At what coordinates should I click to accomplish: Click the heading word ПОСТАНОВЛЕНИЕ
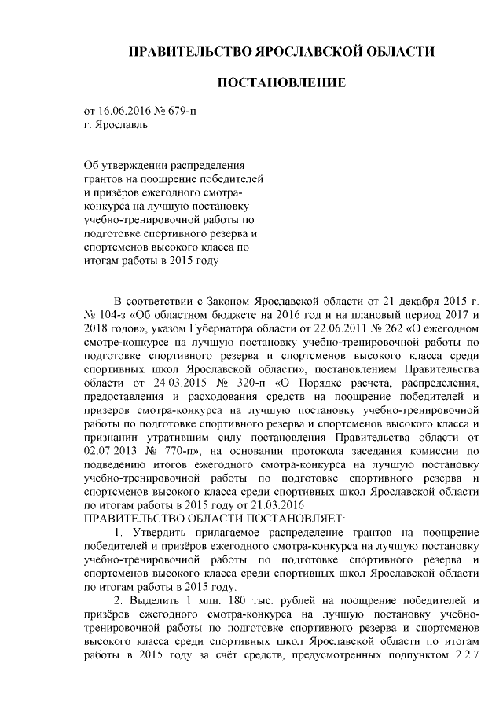pyautogui.click(x=281, y=82)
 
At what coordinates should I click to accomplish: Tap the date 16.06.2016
pyautogui.click(x=125, y=111)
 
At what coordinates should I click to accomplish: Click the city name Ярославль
pyautogui.click(x=119, y=124)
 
